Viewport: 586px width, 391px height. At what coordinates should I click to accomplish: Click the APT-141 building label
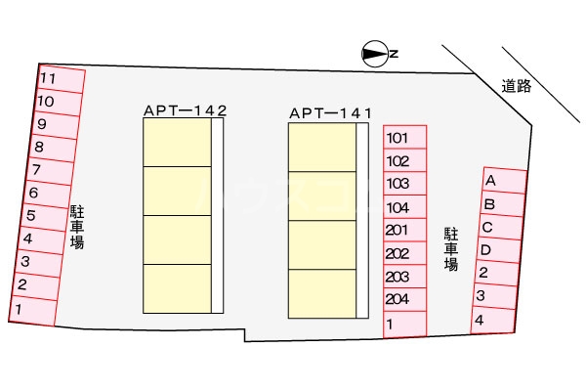[331, 114]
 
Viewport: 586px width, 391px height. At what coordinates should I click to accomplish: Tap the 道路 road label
[517, 86]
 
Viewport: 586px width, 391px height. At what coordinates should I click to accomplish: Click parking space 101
[404, 138]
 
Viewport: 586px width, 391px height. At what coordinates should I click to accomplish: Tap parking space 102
[404, 161]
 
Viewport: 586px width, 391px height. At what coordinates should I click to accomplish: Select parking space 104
[404, 207]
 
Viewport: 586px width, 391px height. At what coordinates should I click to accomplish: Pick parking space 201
[404, 231]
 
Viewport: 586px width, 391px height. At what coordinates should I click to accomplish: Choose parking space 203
[404, 278]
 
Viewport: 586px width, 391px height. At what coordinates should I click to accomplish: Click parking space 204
[404, 300]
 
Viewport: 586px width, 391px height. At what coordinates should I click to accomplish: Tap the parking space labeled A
[504, 182]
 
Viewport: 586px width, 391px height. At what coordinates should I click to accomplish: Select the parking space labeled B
[500, 205]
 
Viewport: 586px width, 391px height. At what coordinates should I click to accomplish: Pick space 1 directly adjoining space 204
[404, 325]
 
